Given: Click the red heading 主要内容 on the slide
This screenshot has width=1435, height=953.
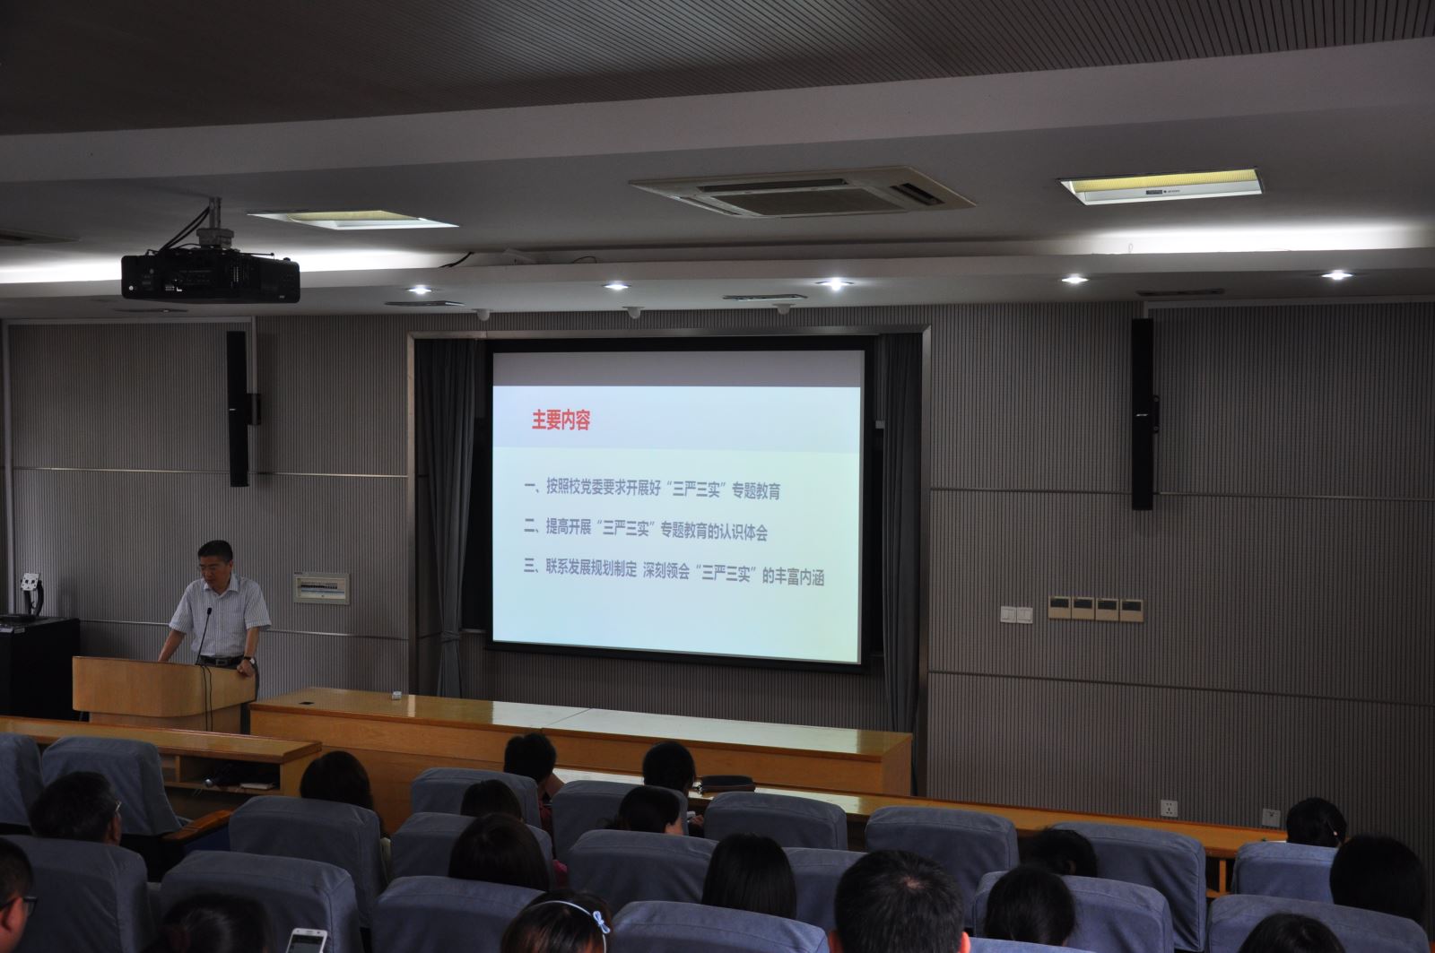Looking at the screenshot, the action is pos(561,420).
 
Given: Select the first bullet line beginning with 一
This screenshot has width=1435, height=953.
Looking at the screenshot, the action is pos(652,489).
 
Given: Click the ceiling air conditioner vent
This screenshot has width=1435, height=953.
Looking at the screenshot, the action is pos(802,192).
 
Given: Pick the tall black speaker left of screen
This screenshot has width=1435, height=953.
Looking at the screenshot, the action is pos(238,409).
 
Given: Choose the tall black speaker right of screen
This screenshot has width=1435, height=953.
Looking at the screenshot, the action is pos(1143,414).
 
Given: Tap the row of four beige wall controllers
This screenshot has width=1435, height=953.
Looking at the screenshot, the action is pos(1095,609).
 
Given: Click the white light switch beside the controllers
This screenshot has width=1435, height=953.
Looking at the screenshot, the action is pos(1017,615).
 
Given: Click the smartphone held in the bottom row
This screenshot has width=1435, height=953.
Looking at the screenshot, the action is pos(306,940).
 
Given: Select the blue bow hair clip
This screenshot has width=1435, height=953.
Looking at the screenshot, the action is pos(600,922).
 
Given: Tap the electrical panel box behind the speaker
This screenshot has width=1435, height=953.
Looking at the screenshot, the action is pos(322,588).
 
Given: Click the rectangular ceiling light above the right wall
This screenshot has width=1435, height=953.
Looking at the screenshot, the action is pos(1161,186).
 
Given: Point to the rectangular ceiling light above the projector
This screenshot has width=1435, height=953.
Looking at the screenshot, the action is pos(352,220).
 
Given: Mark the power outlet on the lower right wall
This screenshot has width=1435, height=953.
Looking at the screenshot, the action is pos(1170,809).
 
